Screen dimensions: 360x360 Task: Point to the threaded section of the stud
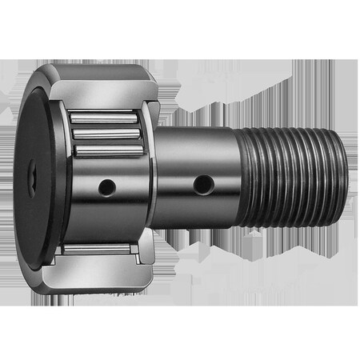pyautogui.click(x=292, y=172)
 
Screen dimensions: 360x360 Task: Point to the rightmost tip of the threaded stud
pyautogui.click(x=346, y=172)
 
